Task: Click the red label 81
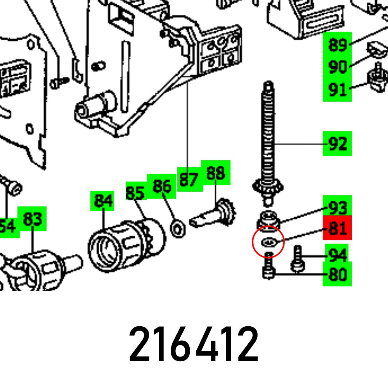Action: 337,228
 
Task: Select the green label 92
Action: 337,144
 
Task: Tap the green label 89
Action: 337,45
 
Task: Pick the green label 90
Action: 337,67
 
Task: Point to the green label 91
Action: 337,90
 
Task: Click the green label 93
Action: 337,207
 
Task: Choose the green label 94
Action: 337,255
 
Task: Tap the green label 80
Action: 337,275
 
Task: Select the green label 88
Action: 215,173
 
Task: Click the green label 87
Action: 189,180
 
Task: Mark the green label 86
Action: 162,186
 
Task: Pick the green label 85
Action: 135,192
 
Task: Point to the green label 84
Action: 102,201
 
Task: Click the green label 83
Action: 32,219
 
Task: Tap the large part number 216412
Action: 194,344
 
